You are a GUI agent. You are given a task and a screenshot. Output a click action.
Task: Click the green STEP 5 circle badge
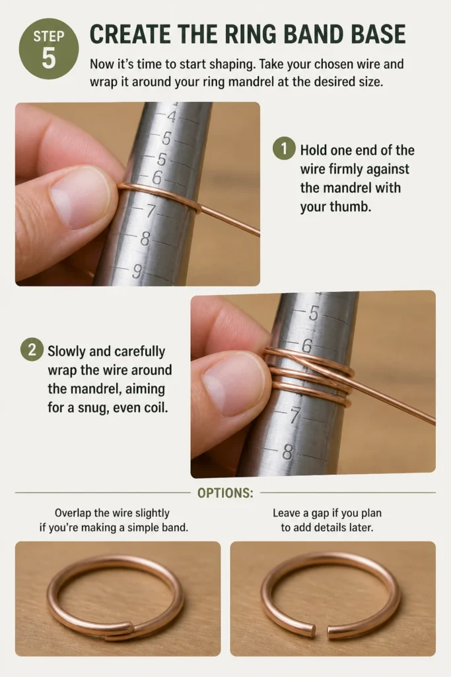click(x=49, y=48)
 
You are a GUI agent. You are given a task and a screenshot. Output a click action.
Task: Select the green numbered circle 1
click(x=284, y=149)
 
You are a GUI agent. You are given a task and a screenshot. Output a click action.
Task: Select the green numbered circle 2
click(x=32, y=350)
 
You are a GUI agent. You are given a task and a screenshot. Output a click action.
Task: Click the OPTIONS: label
click(x=226, y=493)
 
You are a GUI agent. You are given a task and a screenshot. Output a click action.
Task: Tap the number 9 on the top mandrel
click(x=136, y=272)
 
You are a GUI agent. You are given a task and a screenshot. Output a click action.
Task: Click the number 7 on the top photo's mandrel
click(x=150, y=211)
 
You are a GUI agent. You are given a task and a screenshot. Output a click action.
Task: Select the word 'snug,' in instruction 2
click(x=91, y=407)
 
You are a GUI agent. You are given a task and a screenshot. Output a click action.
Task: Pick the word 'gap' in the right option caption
click(x=320, y=514)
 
